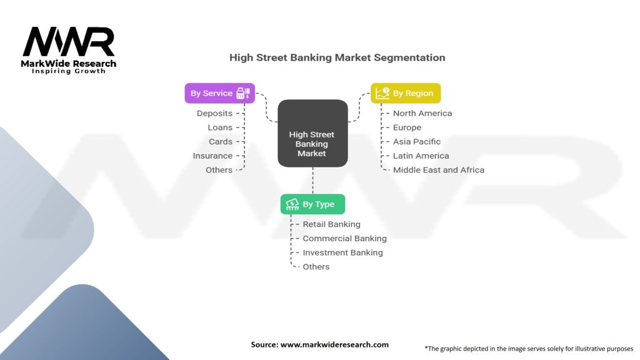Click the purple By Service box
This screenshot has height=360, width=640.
point(219,93)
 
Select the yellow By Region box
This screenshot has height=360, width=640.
point(406,93)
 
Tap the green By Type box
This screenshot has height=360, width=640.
point(312,204)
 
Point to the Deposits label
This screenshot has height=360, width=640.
point(214,113)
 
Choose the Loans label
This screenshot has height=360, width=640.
point(220,127)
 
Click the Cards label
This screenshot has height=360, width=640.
point(221,142)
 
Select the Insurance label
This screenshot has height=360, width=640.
point(212,156)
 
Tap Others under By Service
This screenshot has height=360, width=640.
point(219,170)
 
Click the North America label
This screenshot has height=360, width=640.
point(422,113)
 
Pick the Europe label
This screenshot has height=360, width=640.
point(407,127)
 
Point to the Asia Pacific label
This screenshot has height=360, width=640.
point(417,142)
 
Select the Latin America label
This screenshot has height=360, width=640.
point(421,156)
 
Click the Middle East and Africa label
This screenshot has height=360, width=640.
point(439,170)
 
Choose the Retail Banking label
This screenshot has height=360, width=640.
point(331,224)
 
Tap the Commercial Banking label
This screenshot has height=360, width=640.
point(344,238)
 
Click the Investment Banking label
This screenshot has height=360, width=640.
point(342,252)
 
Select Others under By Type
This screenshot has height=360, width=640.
point(316,267)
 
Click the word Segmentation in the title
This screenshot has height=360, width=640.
point(409,57)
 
